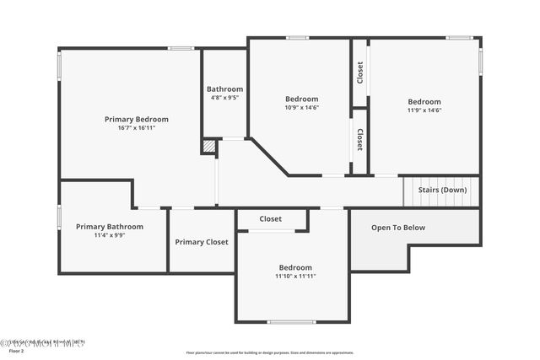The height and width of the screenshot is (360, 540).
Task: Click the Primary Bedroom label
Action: [x=136, y=119]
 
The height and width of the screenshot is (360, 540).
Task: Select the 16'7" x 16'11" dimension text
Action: [x=136, y=128]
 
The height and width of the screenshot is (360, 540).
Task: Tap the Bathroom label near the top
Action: [x=224, y=89]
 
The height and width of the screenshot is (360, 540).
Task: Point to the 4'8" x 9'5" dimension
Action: [x=224, y=98]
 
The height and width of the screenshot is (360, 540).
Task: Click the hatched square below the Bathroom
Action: [x=208, y=147]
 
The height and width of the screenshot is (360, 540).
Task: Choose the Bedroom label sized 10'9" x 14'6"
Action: [x=301, y=99]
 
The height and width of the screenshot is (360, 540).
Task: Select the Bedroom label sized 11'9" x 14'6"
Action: [x=424, y=101]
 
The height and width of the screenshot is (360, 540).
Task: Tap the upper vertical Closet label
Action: [x=360, y=73]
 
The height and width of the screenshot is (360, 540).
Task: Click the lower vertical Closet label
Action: [x=360, y=139]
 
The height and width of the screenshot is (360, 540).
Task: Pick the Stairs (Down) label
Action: [x=442, y=190]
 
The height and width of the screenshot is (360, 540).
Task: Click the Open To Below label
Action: [x=398, y=228]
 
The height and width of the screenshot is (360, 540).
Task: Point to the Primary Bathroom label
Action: [x=110, y=226]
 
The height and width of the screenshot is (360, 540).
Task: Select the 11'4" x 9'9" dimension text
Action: [x=110, y=235]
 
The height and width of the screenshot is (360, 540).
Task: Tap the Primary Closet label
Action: [x=202, y=242]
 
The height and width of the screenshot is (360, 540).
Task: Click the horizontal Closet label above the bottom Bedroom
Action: [x=270, y=219]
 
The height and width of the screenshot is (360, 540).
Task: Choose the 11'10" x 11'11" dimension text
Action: [x=295, y=277]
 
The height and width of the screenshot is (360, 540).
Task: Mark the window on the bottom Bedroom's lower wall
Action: [x=291, y=322]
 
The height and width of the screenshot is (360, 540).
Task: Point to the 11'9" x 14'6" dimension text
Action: [x=424, y=110]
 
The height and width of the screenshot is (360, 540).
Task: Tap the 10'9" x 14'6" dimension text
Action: [x=301, y=107]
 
